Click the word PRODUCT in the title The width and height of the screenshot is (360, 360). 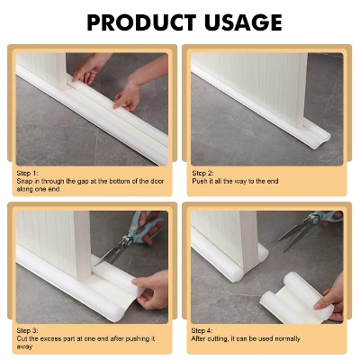click(133, 22)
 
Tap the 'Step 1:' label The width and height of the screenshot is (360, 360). click(28, 171)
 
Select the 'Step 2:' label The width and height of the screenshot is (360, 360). click(203, 171)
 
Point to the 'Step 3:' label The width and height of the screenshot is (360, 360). click(28, 330)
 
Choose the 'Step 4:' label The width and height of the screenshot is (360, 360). click(203, 330)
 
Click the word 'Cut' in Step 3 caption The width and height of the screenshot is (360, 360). click(22, 338)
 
